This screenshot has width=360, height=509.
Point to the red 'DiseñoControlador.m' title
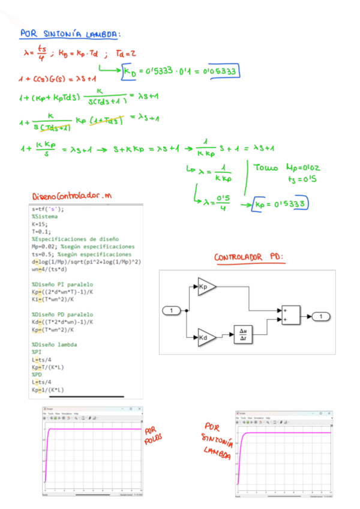click(71, 197)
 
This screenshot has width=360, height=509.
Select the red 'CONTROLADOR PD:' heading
click(251, 258)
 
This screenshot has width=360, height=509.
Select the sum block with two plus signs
click(292, 315)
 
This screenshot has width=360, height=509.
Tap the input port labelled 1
click(173, 310)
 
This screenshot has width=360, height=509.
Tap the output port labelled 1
click(322, 316)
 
